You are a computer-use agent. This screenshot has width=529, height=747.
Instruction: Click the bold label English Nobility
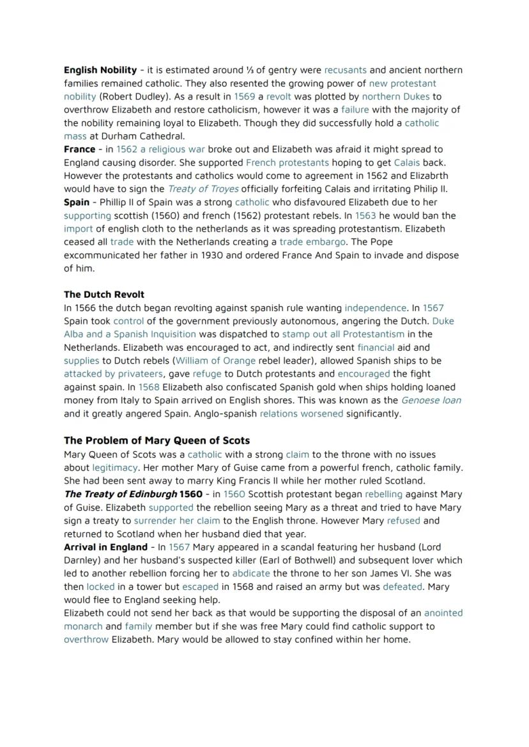pos(100,70)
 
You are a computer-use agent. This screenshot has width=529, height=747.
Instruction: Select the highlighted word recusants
pos(345,70)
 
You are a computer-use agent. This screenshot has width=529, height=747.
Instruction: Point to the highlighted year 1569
pos(245,96)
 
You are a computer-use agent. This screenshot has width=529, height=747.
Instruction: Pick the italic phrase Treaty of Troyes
pos(203,189)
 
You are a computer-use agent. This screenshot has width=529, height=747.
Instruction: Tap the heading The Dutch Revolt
pos(104,295)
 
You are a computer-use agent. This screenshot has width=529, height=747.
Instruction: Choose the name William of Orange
pos(215,361)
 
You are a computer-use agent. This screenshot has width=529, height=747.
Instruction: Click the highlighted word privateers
pos(141,374)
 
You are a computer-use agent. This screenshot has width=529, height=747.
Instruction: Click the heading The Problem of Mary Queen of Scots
pos(157,441)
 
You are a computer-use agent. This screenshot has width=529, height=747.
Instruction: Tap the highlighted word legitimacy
pos(115,468)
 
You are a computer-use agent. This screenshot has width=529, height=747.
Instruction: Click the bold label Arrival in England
pos(105,548)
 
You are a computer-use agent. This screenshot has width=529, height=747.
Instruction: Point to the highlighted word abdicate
pos(251,574)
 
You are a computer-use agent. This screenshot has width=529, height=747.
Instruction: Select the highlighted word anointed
pos(443,613)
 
